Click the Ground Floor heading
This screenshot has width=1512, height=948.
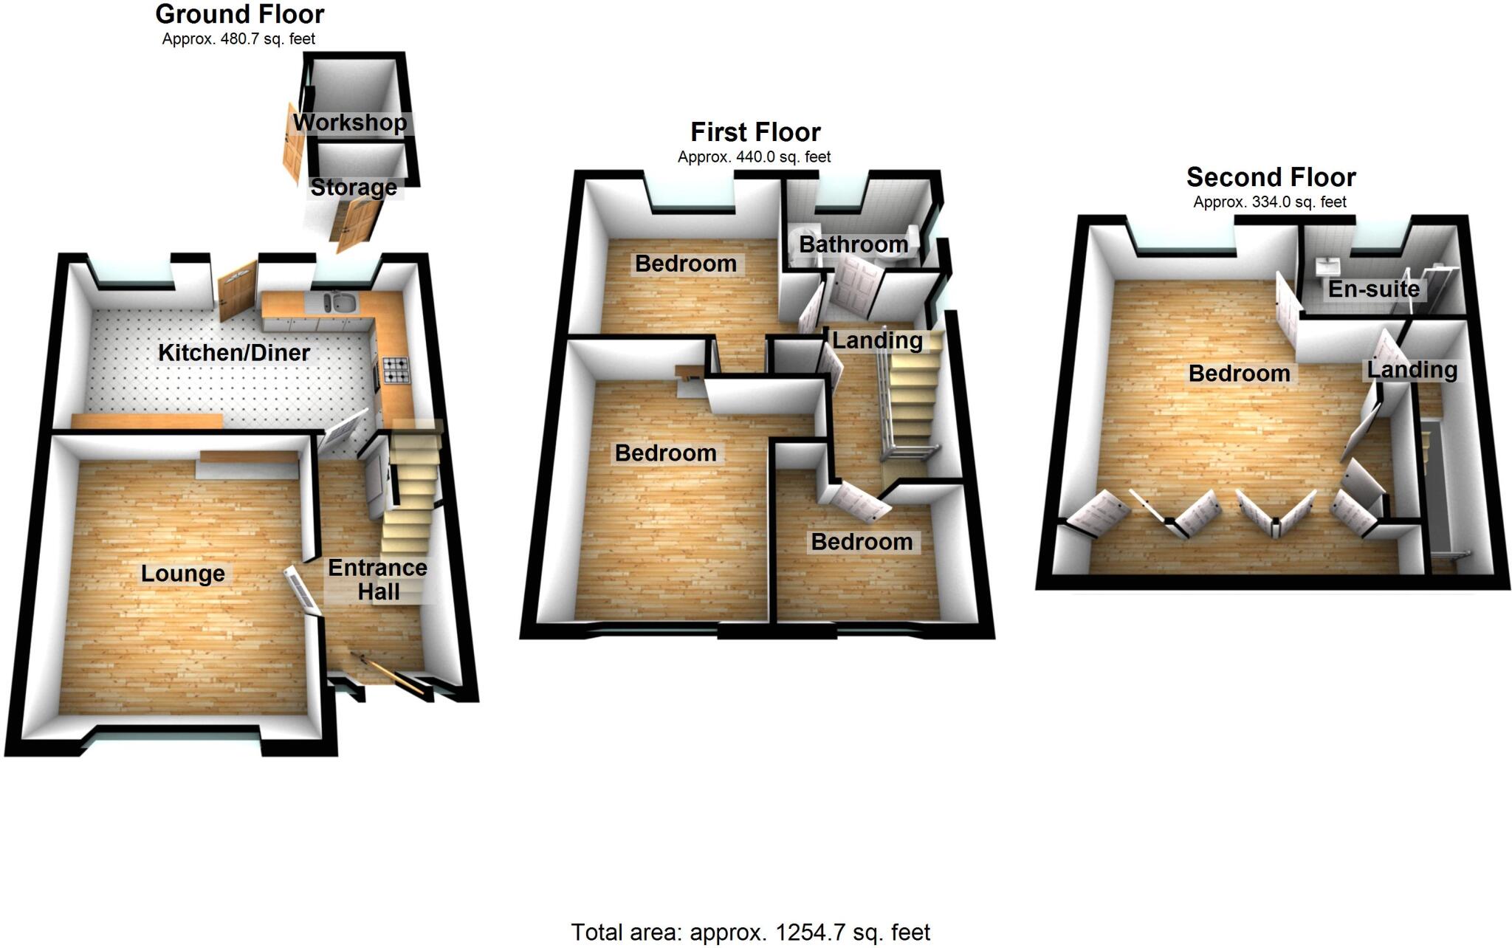click(240, 14)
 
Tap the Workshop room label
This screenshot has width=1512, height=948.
click(350, 123)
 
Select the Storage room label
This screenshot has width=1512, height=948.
click(353, 188)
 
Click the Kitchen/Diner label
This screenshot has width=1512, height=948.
click(234, 353)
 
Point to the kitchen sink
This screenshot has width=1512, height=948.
click(340, 303)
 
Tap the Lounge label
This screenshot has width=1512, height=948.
click(183, 574)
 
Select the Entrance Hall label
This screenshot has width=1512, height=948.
click(377, 580)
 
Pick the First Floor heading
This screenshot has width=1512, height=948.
click(755, 132)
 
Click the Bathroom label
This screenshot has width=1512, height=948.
click(853, 244)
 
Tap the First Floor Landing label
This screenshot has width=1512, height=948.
click(877, 340)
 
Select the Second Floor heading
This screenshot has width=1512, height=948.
click(1271, 177)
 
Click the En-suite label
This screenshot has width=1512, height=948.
click(1373, 289)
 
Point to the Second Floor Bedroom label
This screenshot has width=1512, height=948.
click(1239, 374)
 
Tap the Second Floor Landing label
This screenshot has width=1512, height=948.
click(1412, 370)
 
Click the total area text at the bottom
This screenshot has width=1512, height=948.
click(750, 932)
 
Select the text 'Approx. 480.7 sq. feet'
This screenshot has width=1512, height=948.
click(238, 39)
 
